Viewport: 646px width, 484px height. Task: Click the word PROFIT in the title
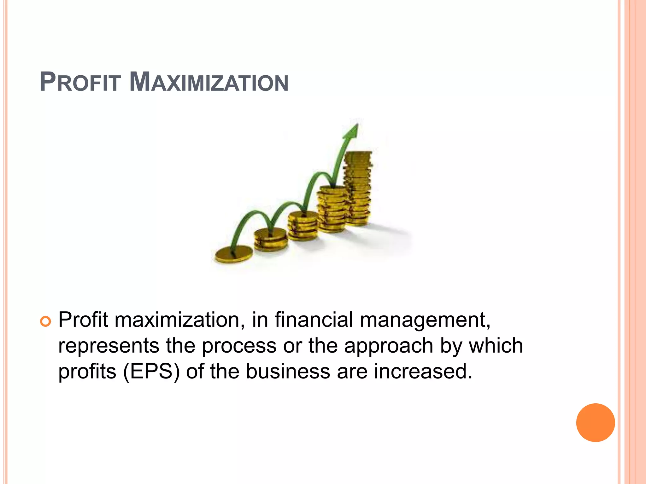80,83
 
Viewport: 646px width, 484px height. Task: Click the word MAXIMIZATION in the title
209,83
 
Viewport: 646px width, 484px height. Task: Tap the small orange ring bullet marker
45,322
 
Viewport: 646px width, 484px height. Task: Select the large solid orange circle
595,423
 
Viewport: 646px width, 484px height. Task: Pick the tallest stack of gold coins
358,189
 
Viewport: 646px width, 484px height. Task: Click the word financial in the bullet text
314,320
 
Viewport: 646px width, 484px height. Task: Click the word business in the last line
288,371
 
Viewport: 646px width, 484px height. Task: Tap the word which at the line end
496,345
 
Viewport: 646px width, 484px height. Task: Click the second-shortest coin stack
271,239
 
